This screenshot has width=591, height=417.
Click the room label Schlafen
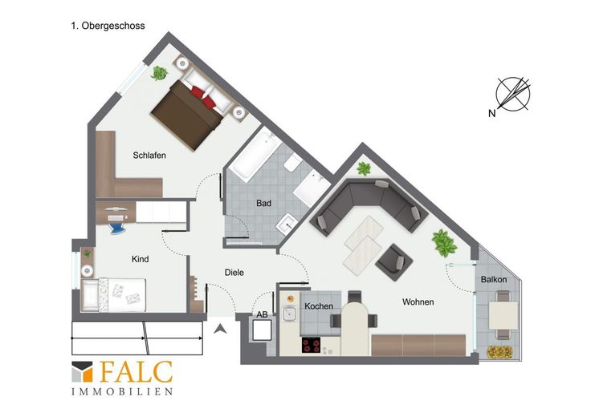(x=149, y=155)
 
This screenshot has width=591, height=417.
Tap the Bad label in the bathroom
(x=263, y=203)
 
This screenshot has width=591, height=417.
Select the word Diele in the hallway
(x=234, y=272)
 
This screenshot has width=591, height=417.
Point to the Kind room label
(x=140, y=259)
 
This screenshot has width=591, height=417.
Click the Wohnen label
(x=418, y=302)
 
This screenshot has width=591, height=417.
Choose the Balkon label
(x=494, y=280)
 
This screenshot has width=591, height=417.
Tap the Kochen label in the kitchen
(x=319, y=306)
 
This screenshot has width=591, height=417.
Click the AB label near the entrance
(x=262, y=314)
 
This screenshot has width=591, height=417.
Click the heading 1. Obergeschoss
(x=108, y=26)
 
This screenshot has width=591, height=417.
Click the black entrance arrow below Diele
(x=220, y=329)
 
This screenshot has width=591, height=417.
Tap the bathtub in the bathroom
(x=255, y=155)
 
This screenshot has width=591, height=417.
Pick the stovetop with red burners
(x=312, y=345)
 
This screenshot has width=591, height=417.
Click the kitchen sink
(x=289, y=314)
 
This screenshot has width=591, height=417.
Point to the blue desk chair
(x=116, y=228)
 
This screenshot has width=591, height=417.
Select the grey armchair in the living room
(x=394, y=262)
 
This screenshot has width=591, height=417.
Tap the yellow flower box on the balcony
(x=499, y=352)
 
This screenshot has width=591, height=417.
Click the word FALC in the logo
(x=137, y=373)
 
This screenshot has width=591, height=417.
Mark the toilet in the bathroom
(x=292, y=164)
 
